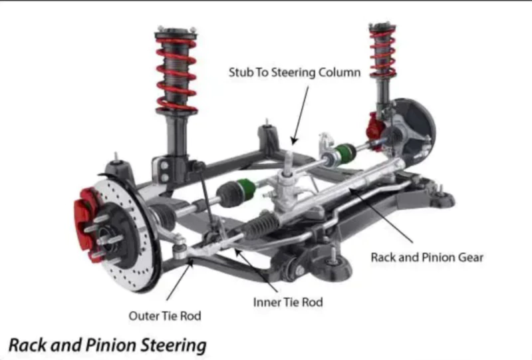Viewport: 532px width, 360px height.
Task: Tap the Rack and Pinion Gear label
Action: click(x=427, y=257)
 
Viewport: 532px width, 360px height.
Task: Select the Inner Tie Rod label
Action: click(x=288, y=302)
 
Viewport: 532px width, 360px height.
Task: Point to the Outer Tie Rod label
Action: click(x=164, y=315)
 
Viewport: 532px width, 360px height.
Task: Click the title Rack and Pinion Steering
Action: click(x=107, y=345)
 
